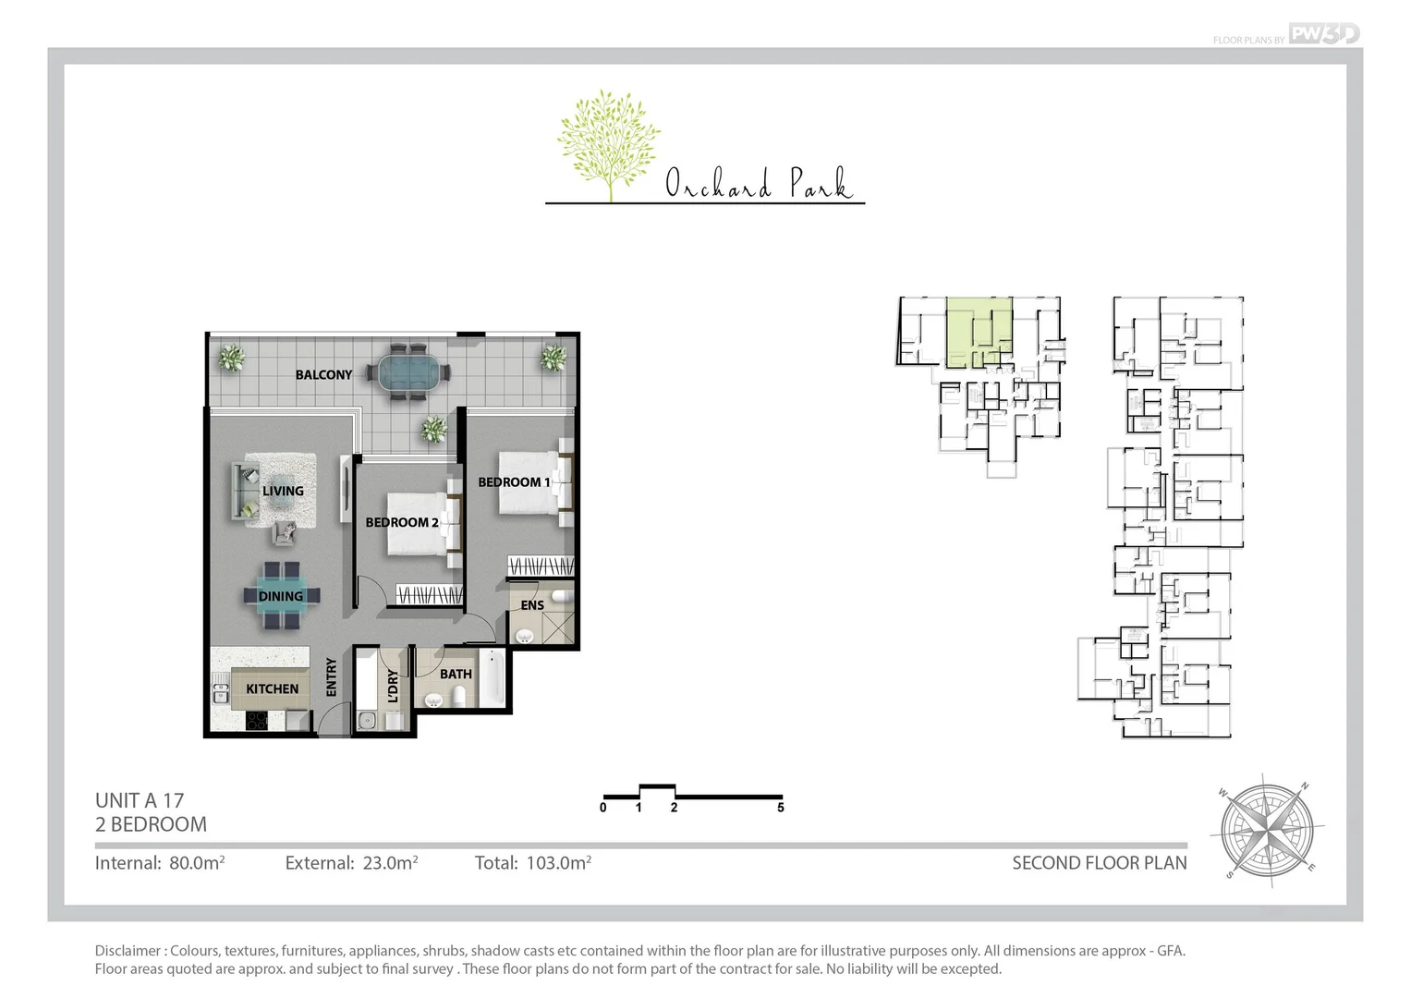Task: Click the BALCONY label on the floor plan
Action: click(x=323, y=374)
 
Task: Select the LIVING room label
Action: click(x=283, y=491)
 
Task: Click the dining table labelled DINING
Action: click(x=281, y=596)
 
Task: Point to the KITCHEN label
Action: click(x=272, y=688)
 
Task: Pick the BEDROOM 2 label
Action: click(x=401, y=522)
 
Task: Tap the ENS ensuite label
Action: click(x=532, y=605)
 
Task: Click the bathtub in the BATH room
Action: click(x=494, y=679)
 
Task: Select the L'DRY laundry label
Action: click(x=393, y=687)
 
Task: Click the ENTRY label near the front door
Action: click(x=332, y=676)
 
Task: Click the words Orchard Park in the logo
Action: click(x=758, y=184)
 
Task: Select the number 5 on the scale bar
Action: click(x=781, y=808)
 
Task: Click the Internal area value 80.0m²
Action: click(x=197, y=863)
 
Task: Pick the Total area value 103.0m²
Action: click(x=558, y=863)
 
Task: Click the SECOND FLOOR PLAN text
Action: click(x=1099, y=863)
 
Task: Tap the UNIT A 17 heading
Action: click(x=140, y=800)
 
